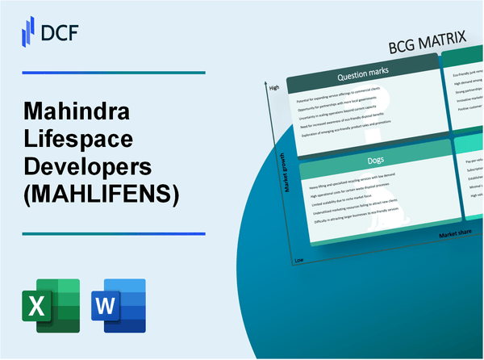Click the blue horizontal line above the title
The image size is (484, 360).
(113, 73)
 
